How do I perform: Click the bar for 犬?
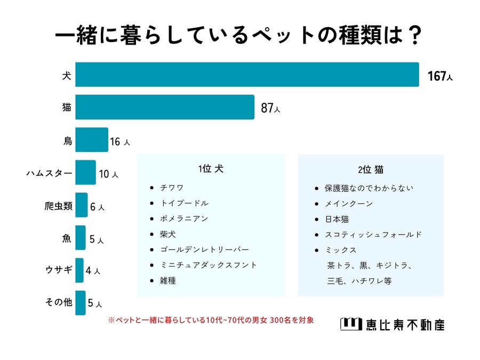tap(247, 75)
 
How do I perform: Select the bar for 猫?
tap(164, 107)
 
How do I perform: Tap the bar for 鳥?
tap(92, 140)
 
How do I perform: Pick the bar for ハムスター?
tap(85, 173)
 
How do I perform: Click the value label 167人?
tap(440, 77)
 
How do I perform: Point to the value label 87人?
tap(270, 109)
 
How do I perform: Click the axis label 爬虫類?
tap(59, 206)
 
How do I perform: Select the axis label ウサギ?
tap(59, 271)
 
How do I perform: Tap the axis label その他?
tap(59, 303)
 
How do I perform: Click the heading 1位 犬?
tap(211, 169)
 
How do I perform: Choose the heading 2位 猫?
tap(371, 169)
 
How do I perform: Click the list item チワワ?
tap(172, 188)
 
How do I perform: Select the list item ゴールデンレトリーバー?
tap(204, 249)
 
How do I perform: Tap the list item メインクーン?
tap(349, 203)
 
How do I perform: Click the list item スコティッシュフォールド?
tap(374, 234)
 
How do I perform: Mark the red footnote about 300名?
tap(211, 321)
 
